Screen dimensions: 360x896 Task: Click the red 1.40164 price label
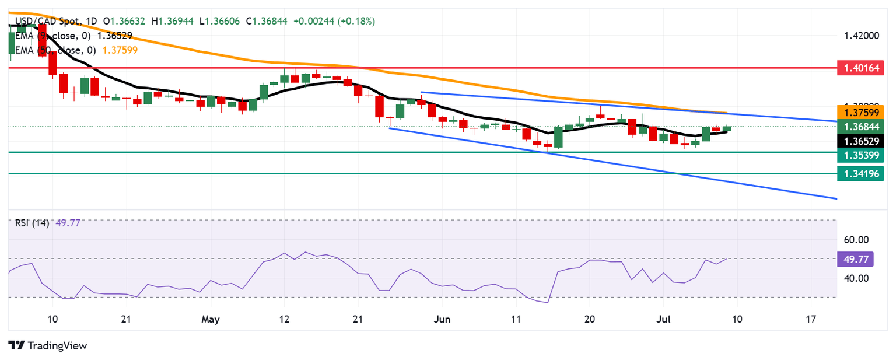point(860,68)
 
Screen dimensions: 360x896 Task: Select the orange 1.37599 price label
point(860,112)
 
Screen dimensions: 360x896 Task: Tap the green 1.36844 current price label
point(860,126)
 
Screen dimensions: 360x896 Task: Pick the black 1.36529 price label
point(860,141)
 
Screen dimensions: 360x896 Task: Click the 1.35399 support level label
point(860,155)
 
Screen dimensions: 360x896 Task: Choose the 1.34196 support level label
point(860,173)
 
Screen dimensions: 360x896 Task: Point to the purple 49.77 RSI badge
point(856,258)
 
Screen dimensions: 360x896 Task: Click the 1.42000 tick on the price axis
point(862,36)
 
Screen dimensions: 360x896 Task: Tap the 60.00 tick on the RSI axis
point(856,239)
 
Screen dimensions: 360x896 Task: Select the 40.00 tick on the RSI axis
point(856,278)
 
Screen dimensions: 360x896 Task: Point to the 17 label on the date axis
point(810,320)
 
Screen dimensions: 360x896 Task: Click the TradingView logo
point(48,345)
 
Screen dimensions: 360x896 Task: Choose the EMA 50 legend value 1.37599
point(120,50)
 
